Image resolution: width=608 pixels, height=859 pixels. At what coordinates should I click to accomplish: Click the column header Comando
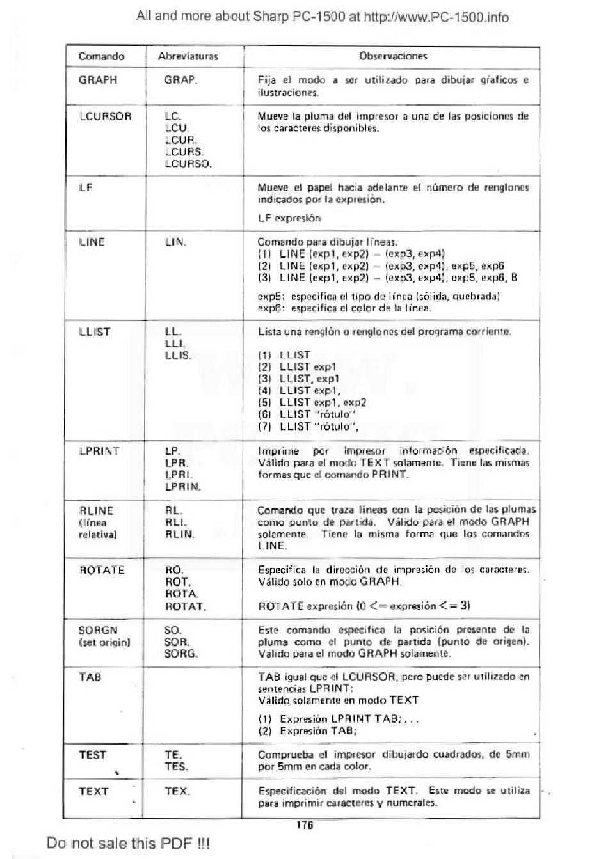tap(101, 56)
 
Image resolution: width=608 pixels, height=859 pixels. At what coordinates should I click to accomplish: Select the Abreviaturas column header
tap(188, 56)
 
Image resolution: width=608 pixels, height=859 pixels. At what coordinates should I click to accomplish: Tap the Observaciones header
tap(392, 56)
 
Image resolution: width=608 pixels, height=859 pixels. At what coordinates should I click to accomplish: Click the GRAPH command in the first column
tap(98, 80)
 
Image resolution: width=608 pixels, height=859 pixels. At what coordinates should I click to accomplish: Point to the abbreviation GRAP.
tap(180, 81)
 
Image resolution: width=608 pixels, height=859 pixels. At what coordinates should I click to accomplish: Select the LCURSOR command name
tap(105, 116)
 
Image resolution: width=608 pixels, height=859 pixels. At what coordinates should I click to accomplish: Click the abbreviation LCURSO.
tap(188, 164)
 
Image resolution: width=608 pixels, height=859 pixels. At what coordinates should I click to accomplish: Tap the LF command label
tap(86, 187)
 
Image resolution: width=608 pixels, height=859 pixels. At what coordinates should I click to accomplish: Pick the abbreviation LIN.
tap(175, 242)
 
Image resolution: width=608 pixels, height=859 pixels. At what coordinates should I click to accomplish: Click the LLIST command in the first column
tap(95, 332)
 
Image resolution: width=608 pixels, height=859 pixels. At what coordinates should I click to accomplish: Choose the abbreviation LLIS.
tap(178, 356)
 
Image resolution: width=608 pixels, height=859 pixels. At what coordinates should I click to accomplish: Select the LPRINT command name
tap(99, 451)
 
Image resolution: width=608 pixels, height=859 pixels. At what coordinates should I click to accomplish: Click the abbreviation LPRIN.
tap(182, 487)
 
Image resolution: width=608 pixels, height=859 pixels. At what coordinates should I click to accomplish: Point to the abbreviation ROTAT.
tap(186, 606)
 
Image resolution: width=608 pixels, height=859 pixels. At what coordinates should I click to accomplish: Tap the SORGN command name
tap(98, 630)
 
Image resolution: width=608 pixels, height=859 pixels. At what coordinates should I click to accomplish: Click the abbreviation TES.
tap(176, 766)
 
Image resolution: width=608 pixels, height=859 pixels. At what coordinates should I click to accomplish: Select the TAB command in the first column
tap(90, 677)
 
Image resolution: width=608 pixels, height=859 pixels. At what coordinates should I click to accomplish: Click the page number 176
tap(305, 825)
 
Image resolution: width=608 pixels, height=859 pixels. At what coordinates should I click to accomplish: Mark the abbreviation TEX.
tap(177, 791)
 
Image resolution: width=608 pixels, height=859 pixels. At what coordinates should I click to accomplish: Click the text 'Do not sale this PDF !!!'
tap(128, 843)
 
